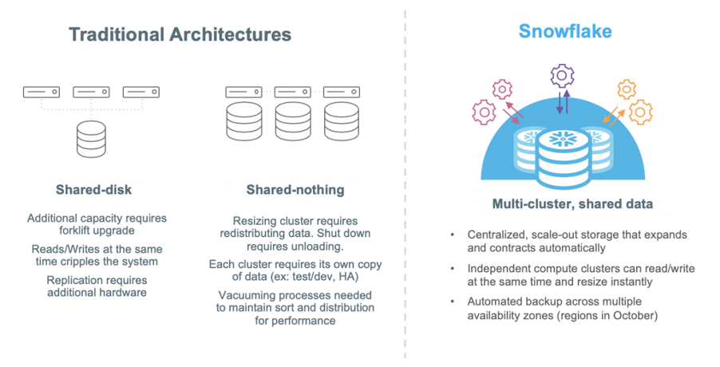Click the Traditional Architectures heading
pyautogui.click(x=180, y=34)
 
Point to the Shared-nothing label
pyautogui.click(x=295, y=190)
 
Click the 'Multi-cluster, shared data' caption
pyautogui.click(x=572, y=204)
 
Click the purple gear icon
pyautogui.click(x=563, y=76)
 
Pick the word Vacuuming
pyautogui.click(x=244, y=294)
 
